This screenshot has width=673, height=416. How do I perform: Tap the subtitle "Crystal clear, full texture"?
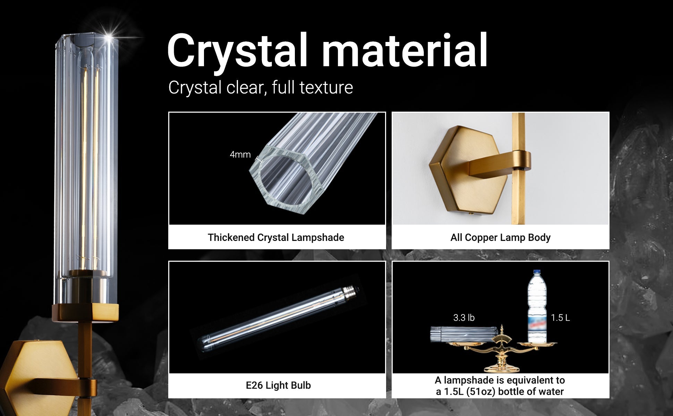click(261, 87)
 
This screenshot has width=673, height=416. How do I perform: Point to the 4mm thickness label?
click(240, 155)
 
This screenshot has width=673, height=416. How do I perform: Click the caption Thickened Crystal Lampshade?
click(276, 237)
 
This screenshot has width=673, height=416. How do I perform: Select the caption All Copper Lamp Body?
click(500, 237)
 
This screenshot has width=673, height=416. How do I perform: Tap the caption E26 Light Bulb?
click(278, 385)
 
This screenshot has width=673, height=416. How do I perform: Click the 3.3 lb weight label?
click(464, 318)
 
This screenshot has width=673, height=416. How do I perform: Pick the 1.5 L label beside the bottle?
click(560, 318)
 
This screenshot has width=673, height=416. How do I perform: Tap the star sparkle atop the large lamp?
click(110, 36)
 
